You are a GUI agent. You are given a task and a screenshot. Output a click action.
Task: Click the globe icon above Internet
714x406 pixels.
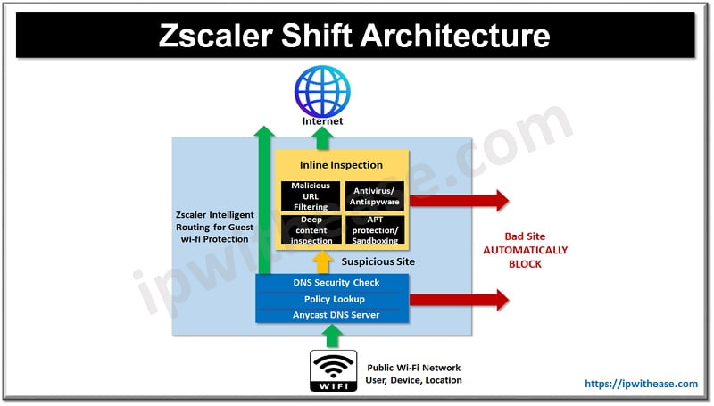point(322,88)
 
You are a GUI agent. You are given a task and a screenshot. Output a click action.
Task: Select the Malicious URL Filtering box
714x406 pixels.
point(311,196)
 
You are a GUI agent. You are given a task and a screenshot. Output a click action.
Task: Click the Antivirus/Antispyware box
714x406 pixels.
point(374,196)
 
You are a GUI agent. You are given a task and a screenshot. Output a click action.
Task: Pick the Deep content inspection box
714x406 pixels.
point(311,229)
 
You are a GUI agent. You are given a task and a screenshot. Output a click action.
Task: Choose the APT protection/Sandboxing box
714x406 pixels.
point(374,229)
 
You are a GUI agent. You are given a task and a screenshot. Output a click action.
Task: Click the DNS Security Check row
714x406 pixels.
point(332,283)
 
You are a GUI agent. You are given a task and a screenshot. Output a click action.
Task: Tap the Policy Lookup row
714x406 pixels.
point(332,299)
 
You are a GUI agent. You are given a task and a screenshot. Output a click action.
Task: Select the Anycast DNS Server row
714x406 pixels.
point(332,315)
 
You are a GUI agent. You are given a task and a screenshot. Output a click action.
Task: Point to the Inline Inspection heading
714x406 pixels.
point(341,165)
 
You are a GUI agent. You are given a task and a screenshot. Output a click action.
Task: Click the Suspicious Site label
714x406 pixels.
point(378,262)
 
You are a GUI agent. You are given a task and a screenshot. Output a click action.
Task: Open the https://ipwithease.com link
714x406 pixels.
point(641,384)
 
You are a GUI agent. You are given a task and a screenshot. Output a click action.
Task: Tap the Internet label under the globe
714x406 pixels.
point(322,120)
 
